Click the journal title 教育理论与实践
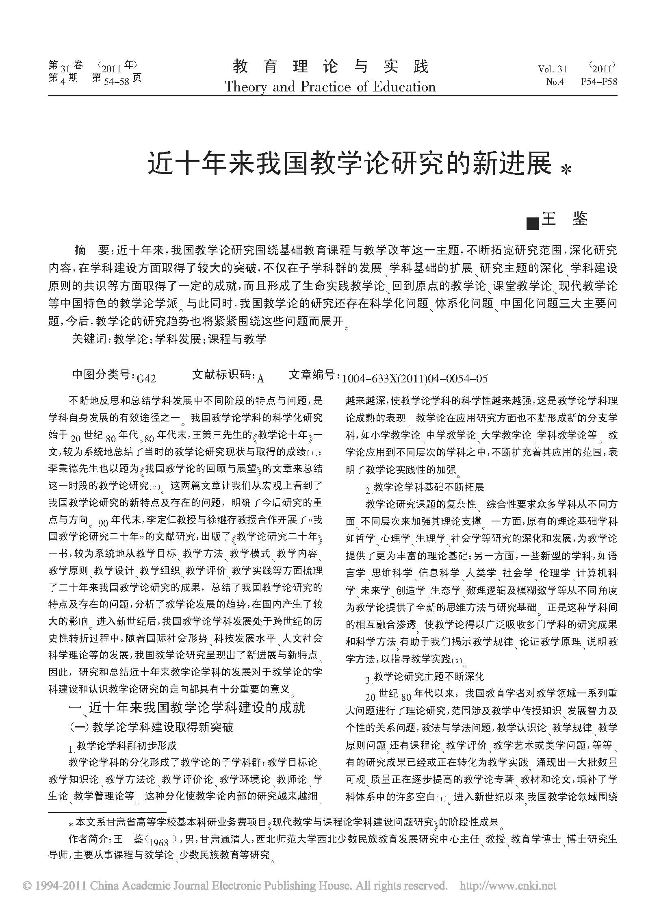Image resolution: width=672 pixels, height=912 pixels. pyautogui.click(x=331, y=66)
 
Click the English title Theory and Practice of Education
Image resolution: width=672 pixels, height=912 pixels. pyautogui.click(x=330, y=86)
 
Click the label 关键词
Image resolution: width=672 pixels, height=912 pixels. pyautogui.click(x=89, y=339)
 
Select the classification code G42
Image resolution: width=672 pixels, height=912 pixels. pyautogui.click(x=146, y=378)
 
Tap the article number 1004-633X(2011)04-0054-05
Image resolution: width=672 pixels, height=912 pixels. pyautogui.click(x=415, y=378)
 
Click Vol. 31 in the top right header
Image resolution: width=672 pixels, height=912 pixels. pyautogui.click(x=553, y=69)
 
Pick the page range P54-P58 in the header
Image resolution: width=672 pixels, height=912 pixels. pyautogui.click(x=599, y=82)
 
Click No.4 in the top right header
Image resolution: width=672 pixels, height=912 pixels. pyautogui.click(x=555, y=82)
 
